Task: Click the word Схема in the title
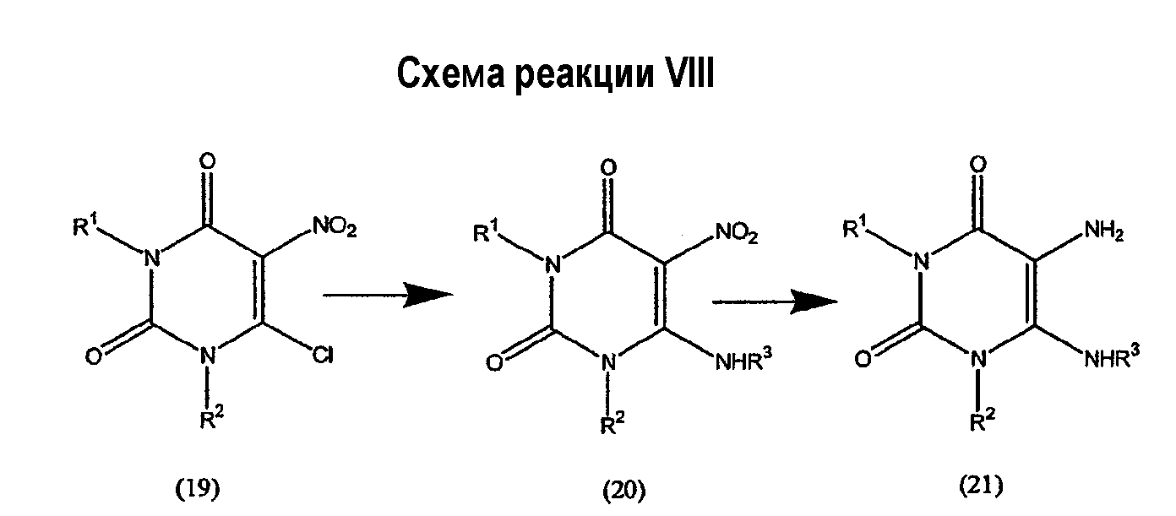(450, 74)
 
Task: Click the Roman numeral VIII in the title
(689, 73)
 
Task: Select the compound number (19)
(197, 489)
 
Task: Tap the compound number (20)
(623, 491)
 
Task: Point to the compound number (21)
(981, 486)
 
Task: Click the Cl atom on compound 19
(323, 356)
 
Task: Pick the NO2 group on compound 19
(335, 227)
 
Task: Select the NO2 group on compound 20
(737, 232)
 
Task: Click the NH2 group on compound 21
(1104, 231)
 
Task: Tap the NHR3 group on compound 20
(744, 360)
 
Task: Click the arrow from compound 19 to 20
(388, 295)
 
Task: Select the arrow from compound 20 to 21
(775, 301)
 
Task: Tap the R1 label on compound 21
(855, 227)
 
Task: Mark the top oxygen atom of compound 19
(208, 160)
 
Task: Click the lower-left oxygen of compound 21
(863, 359)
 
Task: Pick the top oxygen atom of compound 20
(608, 167)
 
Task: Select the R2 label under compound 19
(211, 418)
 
